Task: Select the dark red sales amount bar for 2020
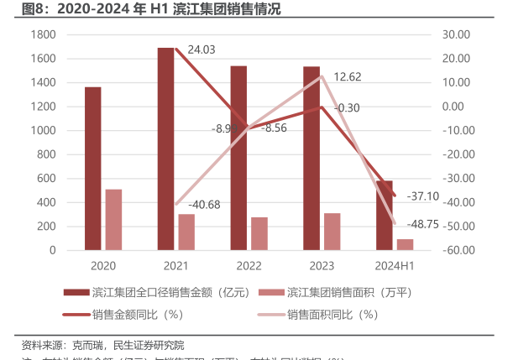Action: [x=92, y=168]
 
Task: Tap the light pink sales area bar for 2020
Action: [x=113, y=219]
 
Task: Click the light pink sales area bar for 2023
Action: [x=332, y=232]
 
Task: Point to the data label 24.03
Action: [x=202, y=50]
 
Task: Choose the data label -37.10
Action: [x=421, y=196]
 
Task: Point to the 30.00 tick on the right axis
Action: [x=458, y=34]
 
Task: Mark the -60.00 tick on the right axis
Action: [x=458, y=250]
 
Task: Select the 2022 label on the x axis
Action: [x=249, y=266]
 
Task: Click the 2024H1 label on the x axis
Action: [x=395, y=266]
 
